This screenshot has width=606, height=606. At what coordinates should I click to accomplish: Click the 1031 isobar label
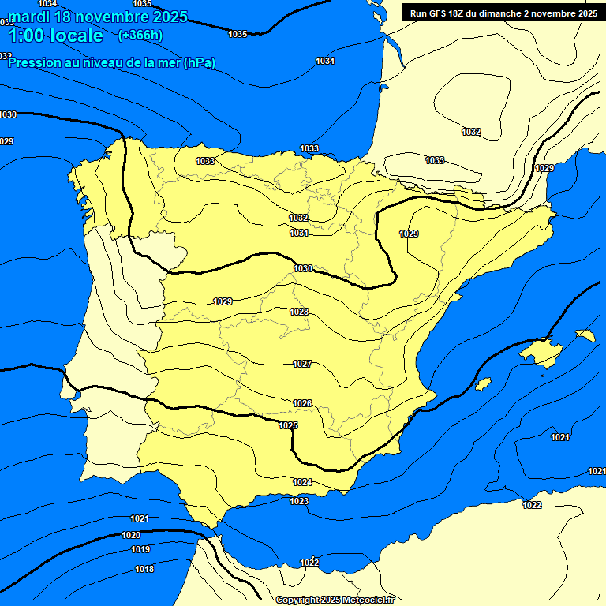pos(299,233)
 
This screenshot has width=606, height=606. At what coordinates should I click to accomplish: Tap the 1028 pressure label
pos(299,312)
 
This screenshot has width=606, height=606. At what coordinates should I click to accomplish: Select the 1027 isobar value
pos(302,364)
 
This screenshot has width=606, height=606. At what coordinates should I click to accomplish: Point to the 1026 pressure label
pos(302,403)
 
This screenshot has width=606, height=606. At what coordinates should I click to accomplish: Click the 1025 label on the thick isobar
pos(288,425)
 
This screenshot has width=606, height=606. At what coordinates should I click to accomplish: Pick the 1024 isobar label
pos(302,482)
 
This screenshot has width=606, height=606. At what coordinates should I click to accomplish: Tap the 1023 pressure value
pos(299,501)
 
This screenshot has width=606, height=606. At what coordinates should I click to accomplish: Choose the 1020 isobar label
pos(131,535)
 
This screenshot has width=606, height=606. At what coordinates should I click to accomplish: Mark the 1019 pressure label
pos(140,549)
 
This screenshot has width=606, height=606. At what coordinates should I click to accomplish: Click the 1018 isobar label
pos(144,569)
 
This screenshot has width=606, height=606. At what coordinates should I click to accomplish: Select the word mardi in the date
pos(29,17)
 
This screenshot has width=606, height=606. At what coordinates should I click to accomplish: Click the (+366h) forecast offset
pos(140,36)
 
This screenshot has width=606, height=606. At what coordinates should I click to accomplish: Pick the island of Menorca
pos(585,335)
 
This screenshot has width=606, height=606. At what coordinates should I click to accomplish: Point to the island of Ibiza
pos(482,383)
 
